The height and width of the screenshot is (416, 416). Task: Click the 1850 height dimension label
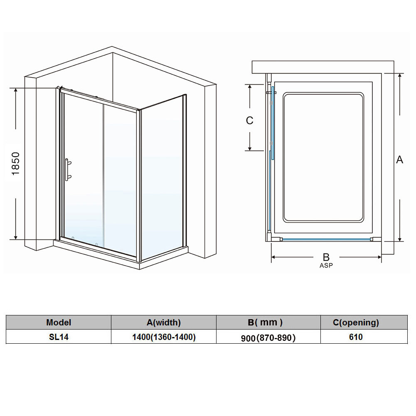tap(16, 163)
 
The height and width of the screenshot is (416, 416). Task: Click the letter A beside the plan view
tap(399, 160)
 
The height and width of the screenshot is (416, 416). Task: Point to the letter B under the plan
tap(326, 257)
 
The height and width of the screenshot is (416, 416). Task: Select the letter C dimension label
tap(250, 121)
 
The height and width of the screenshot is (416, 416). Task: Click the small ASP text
tap(326, 265)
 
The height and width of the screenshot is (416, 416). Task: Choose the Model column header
tap(59, 322)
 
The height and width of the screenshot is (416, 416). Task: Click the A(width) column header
tap(164, 322)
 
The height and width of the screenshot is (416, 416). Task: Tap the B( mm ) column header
tap(265, 322)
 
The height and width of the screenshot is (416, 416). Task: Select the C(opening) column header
tap(356, 322)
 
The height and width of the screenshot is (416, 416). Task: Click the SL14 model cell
tap(59, 337)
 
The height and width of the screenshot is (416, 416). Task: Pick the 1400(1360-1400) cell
tap(164, 337)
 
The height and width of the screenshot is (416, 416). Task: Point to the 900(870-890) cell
tap(268, 338)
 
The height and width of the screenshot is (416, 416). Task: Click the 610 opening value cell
tap(356, 337)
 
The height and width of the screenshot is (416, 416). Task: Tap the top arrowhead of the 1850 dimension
tap(16, 90)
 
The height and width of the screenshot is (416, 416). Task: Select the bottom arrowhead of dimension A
tap(400, 239)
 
